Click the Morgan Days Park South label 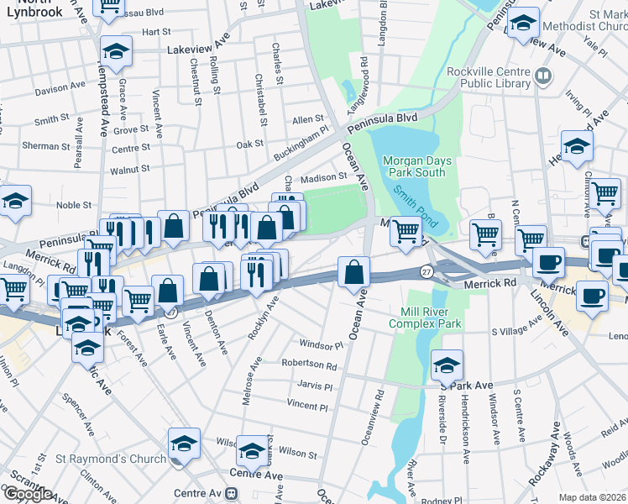coord(417,166)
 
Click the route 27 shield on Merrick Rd coord(427,272)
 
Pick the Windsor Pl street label coord(322,345)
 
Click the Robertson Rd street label coord(309,366)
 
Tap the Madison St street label coord(324,178)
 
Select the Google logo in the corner coord(28,494)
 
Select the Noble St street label coord(74,205)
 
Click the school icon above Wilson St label coord(252,451)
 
